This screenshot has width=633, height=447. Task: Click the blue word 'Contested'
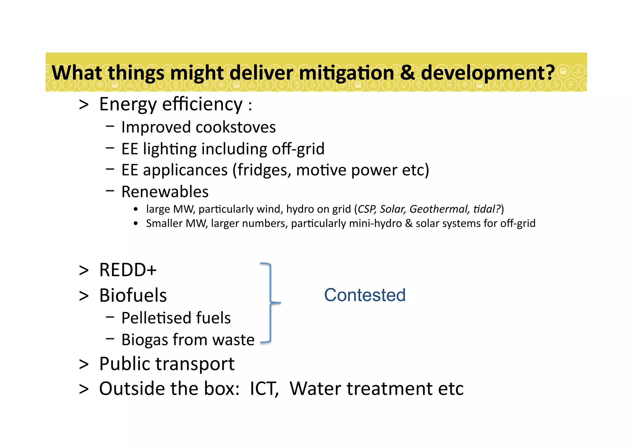pyautogui.click(x=365, y=295)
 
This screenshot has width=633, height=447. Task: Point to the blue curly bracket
pyautogui.click(x=271, y=303)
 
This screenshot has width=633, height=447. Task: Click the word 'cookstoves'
pyautogui.click(x=236, y=127)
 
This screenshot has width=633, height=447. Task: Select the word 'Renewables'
pyautogui.click(x=165, y=192)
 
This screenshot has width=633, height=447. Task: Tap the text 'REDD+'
pyautogui.click(x=128, y=270)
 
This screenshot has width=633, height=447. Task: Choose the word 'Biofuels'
pyautogui.click(x=133, y=295)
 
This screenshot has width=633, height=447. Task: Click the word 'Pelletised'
pyautogui.click(x=155, y=318)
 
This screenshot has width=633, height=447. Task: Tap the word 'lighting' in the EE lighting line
pyautogui.click(x=170, y=149)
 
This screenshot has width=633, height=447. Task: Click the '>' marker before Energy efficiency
pyautogui.click(x=84, y=104)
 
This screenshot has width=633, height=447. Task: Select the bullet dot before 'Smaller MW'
pyautogui.click(x=136, y=224)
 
